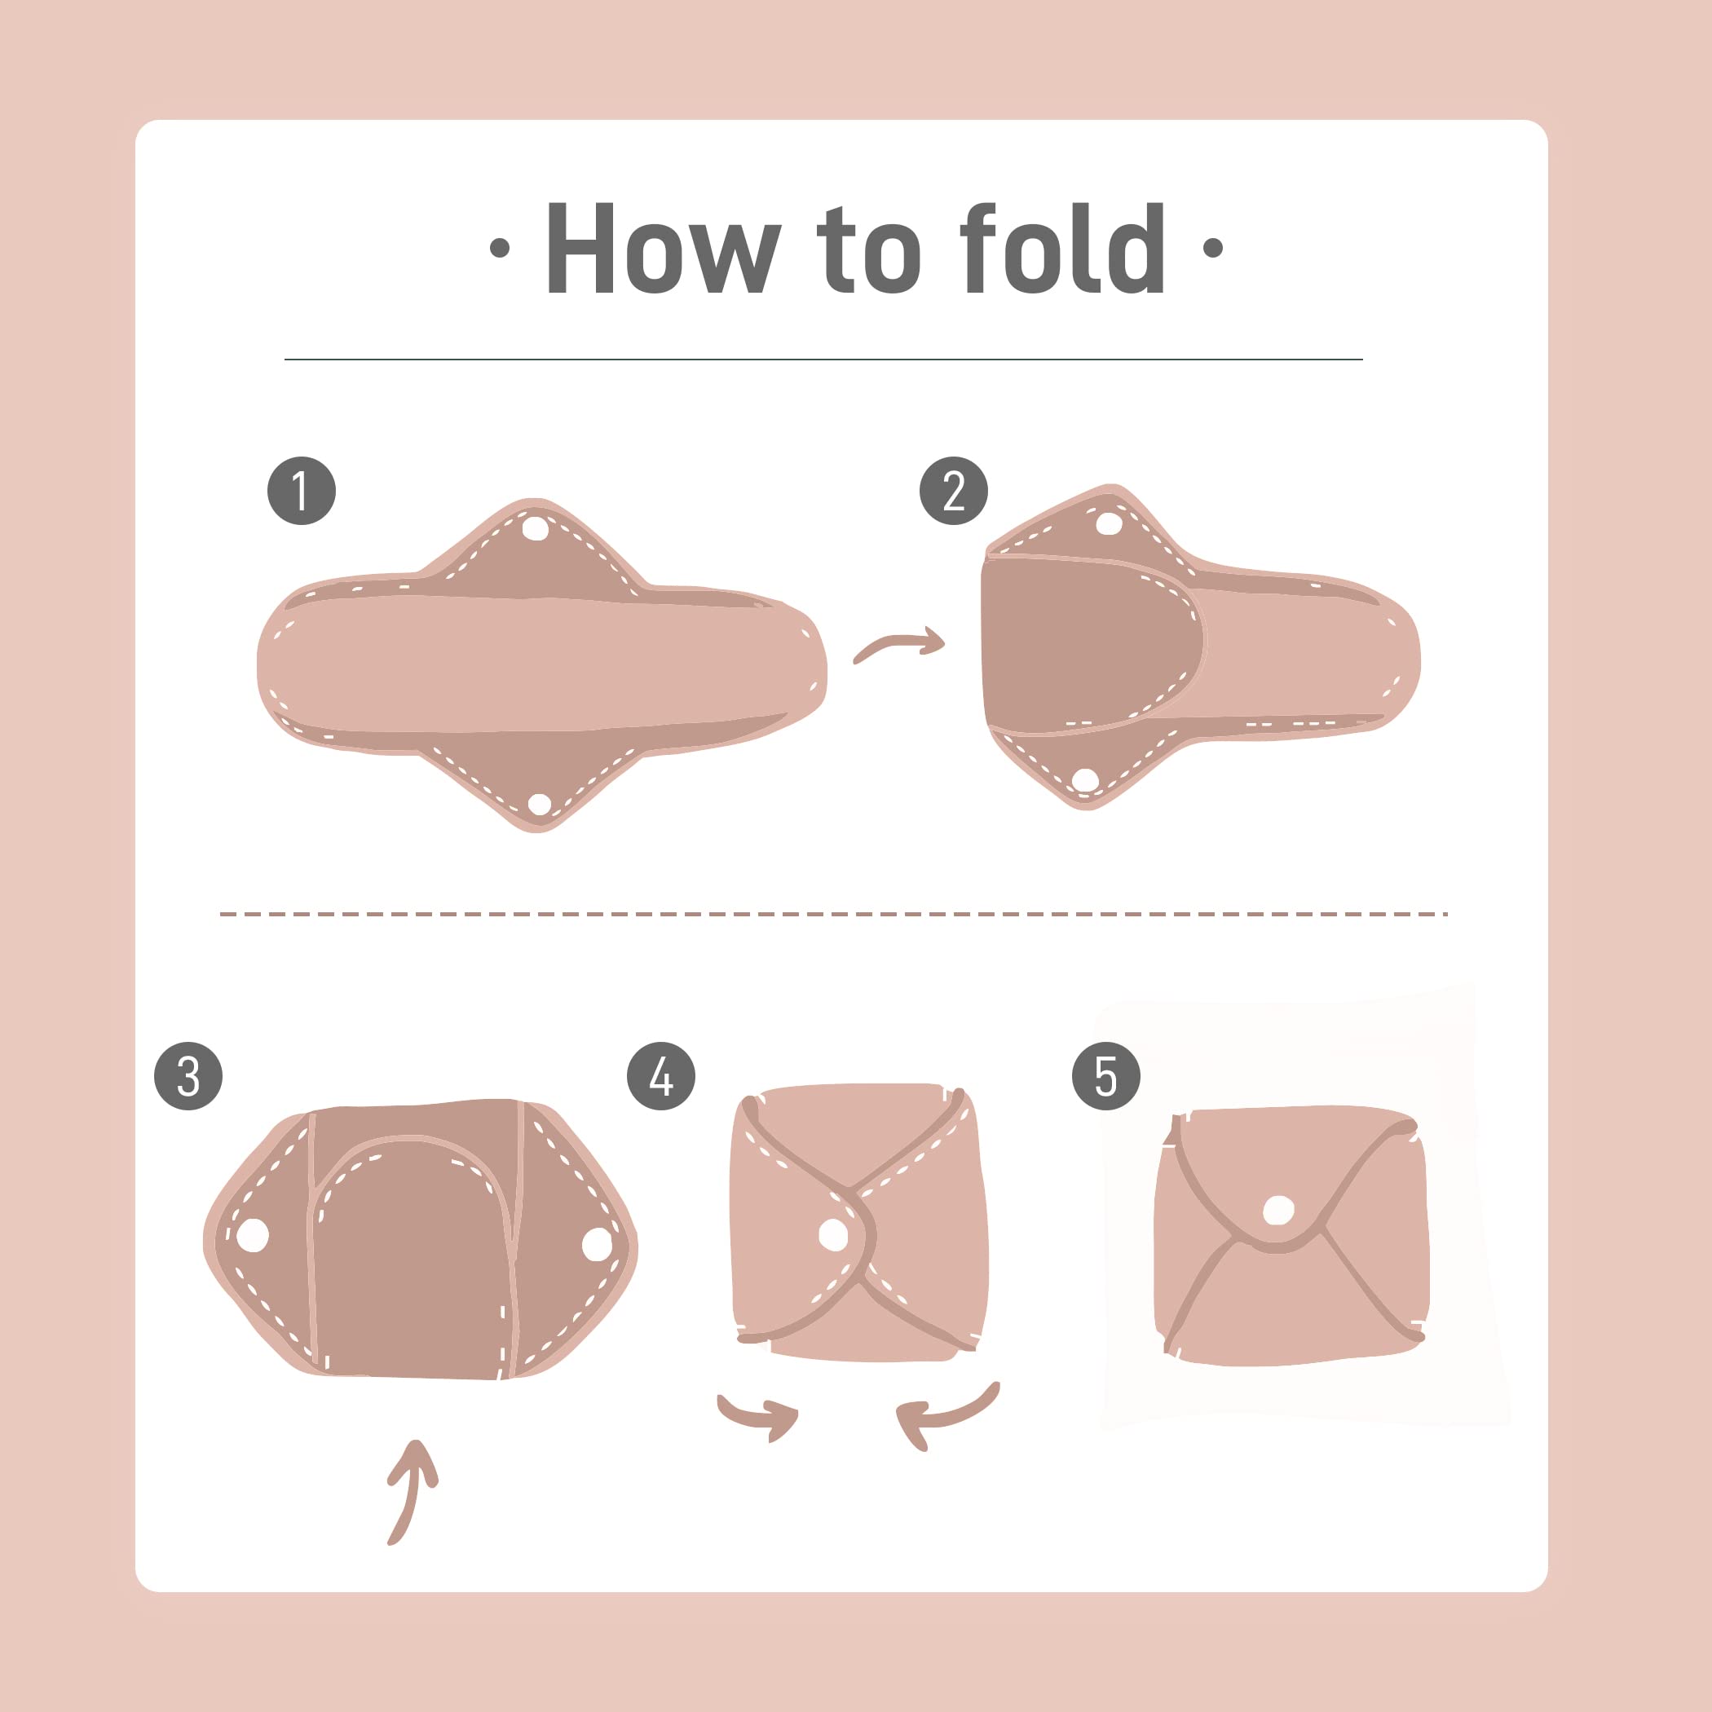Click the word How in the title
tap(663, 247)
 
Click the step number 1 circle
tap(302, 491)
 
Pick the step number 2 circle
tap(954, 491)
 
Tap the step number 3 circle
tap(188, 1076)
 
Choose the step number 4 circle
tap(661, 1076)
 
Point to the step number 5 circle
tap(1106, 1076)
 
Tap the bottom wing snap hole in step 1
tap(539, 804)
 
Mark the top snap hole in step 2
tap(1109, 523)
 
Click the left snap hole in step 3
tap(253, 1234)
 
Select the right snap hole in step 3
tap(597, 1244)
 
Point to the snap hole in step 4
tap(833, 1233)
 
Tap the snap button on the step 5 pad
tap(1277, 1210)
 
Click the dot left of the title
tap(500, 248)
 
